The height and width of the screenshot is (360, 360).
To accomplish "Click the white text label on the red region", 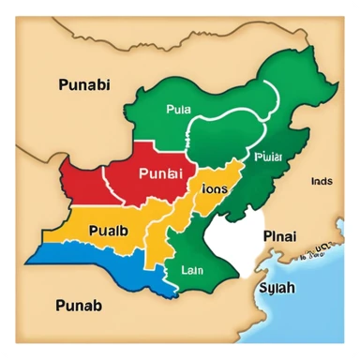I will [162, 173].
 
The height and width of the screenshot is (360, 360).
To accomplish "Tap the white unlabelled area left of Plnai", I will [230, 234].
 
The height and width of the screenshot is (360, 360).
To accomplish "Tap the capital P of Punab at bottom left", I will [36, 304].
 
